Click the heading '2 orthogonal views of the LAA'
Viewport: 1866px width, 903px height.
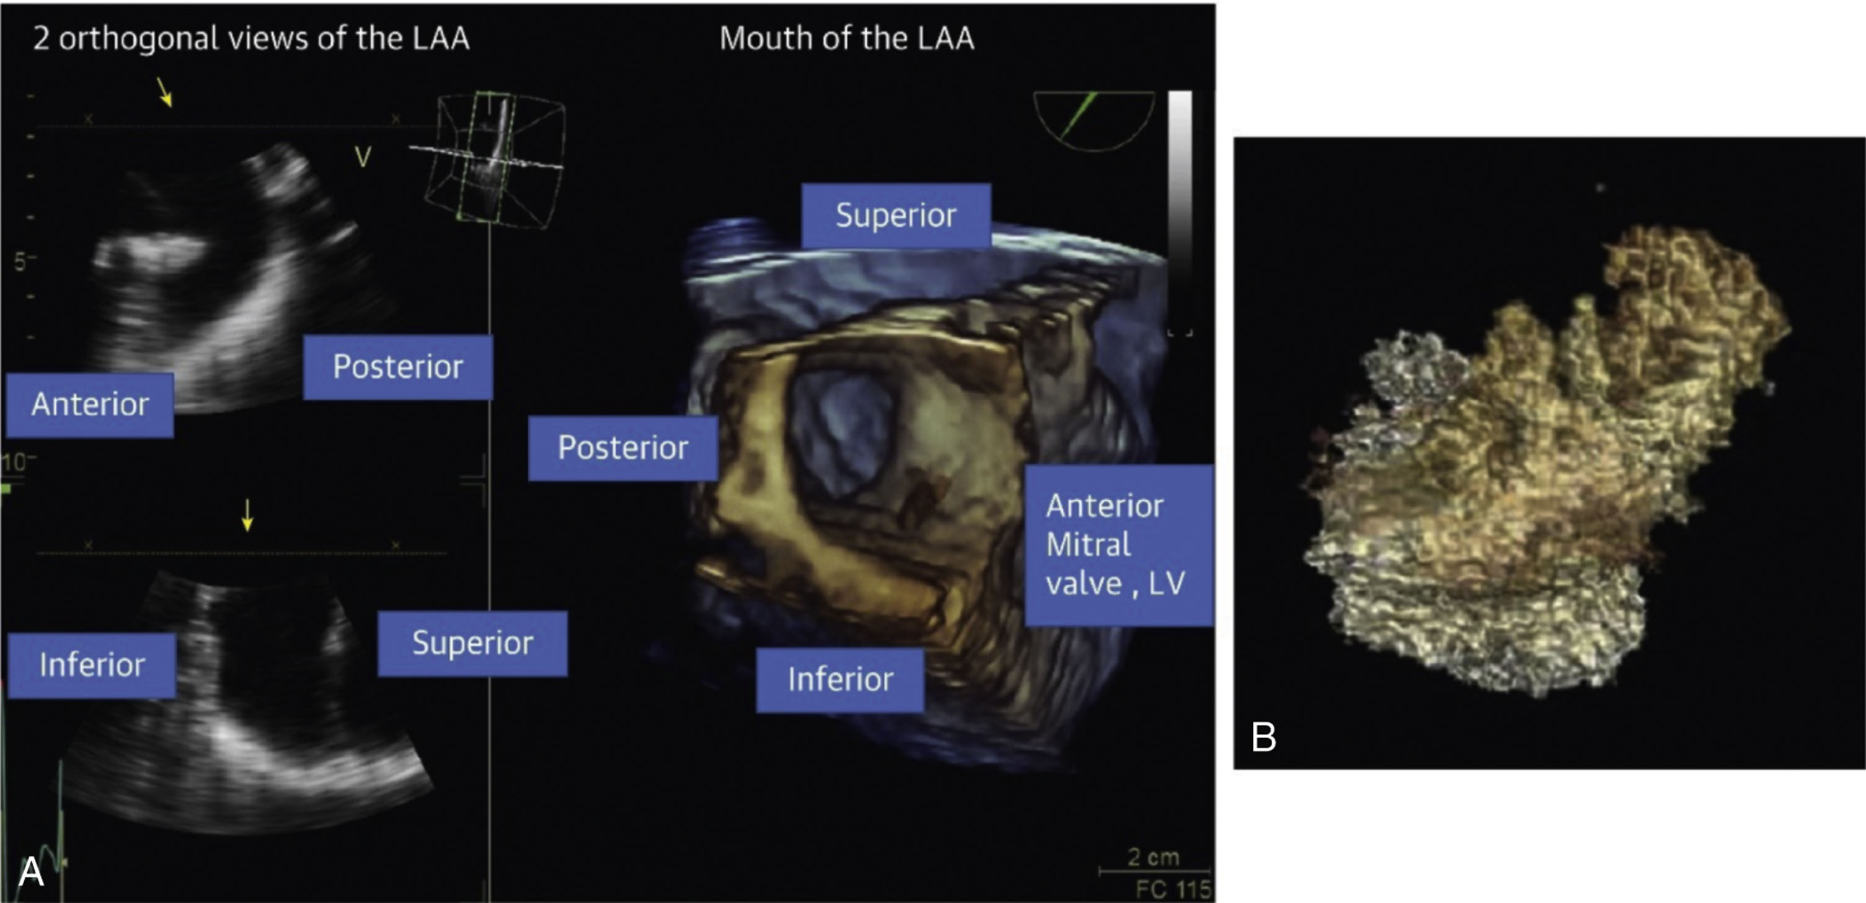[250, 38]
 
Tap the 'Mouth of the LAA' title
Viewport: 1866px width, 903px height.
[846, 38]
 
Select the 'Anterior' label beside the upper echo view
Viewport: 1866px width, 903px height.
[90, 404]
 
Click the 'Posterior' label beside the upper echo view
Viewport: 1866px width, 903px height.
[397, 366]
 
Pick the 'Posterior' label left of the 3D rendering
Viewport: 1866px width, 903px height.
[623, 447]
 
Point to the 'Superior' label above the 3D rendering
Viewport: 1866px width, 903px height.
[895, 215]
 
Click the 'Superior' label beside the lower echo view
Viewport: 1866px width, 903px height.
[472, 643]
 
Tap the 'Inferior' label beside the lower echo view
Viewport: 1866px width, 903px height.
[91, 665]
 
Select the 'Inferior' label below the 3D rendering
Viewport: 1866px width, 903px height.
[840, 679]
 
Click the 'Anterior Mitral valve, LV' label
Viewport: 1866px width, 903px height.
[1118, 545]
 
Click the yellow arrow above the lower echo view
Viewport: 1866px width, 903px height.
[248, 514]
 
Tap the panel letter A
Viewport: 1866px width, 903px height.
[30, 871]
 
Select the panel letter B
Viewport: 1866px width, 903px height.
[1263, 737]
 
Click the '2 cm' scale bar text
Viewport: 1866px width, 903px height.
[1153, 857]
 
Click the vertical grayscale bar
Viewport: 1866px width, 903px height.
[1180, 210]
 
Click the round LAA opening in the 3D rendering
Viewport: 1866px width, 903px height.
[840, 434]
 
